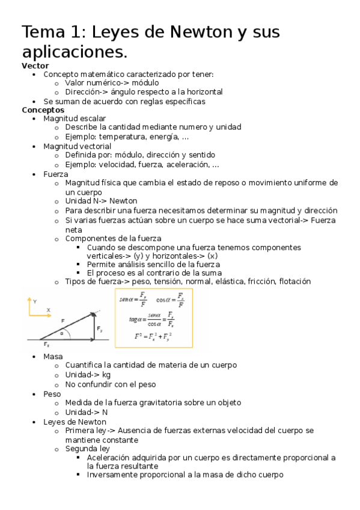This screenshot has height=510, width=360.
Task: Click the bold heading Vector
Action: pos(35,66)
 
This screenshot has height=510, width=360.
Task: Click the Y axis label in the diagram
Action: pos(35,300)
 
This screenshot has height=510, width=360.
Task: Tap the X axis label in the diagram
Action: pos(49,310)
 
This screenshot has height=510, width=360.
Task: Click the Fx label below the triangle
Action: pos(46,345)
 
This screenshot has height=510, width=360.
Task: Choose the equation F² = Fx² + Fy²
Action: pos(153,336)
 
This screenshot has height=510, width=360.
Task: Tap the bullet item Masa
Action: pos(53,357)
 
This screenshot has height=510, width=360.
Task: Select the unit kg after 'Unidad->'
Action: pos(106,375)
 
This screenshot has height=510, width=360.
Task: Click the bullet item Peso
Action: pos(52,394)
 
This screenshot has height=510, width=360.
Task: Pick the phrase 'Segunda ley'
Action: pos(88,449)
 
